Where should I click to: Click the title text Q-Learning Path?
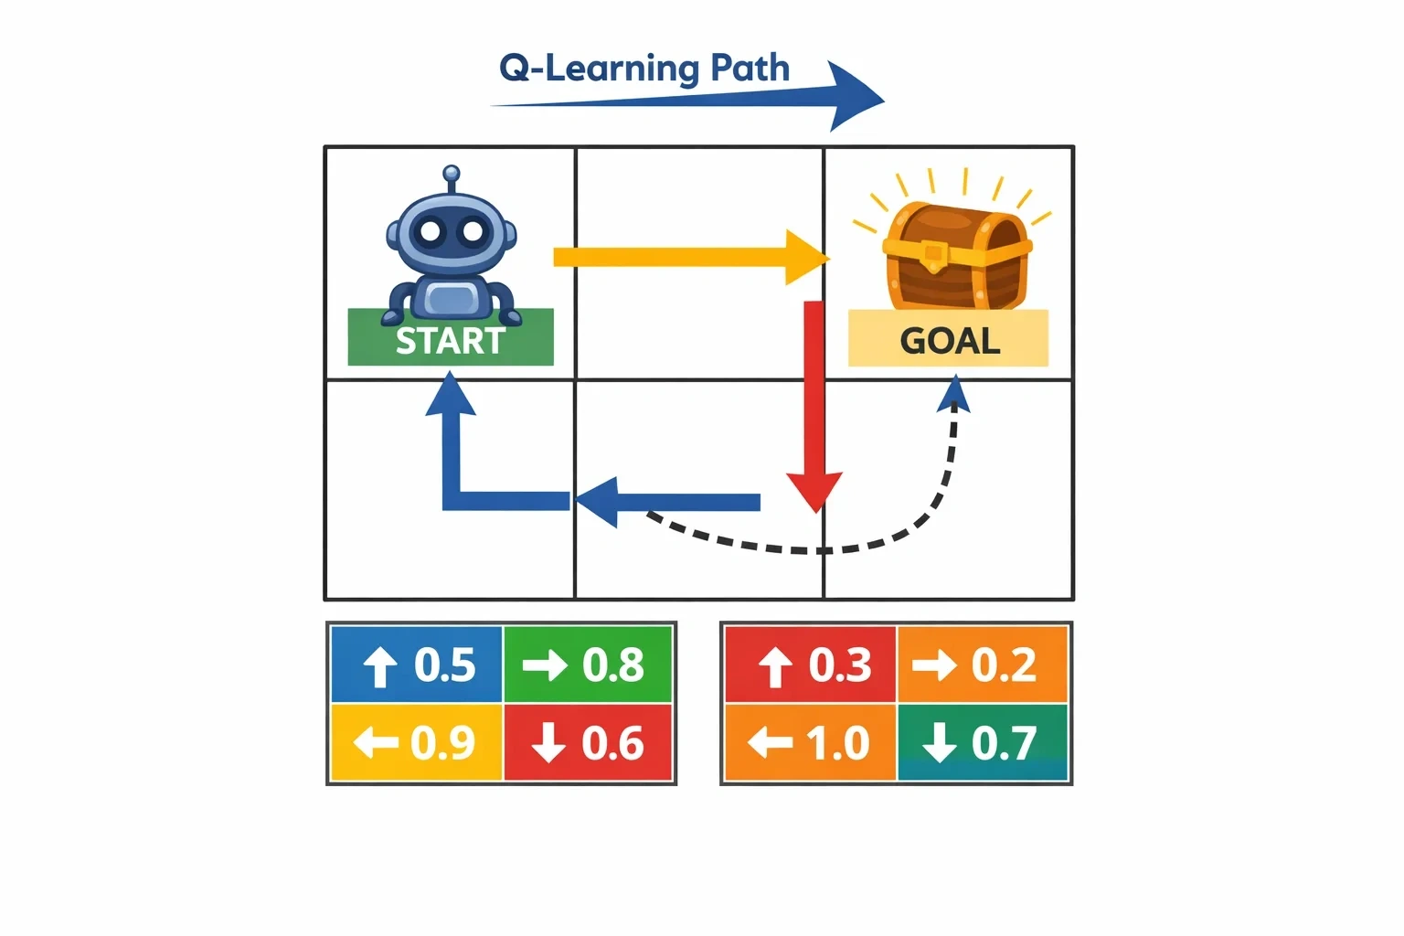[643, 69]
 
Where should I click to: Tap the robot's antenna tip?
[452, 173]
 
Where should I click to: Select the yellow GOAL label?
[948, 338]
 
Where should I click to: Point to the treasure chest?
[956, 256]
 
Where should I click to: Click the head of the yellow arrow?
[807, 257]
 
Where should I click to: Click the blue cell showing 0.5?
[417, 664]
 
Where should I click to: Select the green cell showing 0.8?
[588, 664]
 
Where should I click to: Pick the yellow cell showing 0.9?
[417, 742]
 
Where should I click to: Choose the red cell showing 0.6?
[588, 742]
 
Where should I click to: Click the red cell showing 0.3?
[811, 664]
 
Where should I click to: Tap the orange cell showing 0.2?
[983, 664]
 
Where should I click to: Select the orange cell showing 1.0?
[811, 742]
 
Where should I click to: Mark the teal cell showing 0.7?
[983, 742]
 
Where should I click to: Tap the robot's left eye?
[431, 231]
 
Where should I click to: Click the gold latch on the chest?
[933, 255]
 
